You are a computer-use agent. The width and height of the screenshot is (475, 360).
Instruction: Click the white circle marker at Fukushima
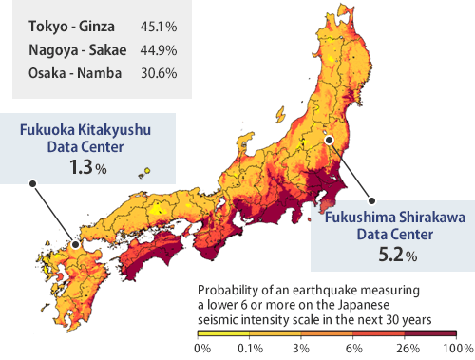[x=329, y=139]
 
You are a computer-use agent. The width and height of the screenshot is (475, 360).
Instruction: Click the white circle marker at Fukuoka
[x=76, y=243]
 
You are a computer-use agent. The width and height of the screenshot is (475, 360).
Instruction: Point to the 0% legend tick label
[x=201, y=349]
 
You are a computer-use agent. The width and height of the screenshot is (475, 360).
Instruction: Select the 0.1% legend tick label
[x=252, y=349]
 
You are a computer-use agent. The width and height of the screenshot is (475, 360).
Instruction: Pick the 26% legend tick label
[x=406, y=349]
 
